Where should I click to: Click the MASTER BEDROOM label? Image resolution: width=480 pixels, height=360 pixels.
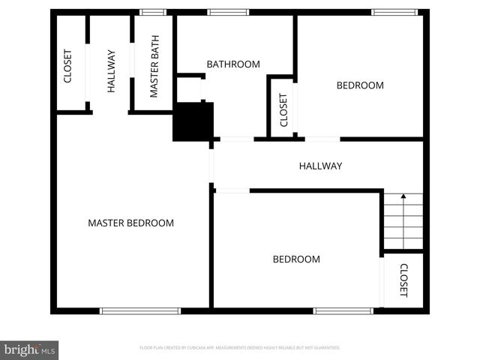(130, 223)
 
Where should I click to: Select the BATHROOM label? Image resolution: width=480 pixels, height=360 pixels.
(233, 64)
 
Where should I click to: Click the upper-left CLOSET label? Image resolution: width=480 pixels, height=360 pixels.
(67, 66)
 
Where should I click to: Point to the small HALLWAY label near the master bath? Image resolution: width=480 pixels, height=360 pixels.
(111, 70)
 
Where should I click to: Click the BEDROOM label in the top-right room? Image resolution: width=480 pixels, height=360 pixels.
(359, 85)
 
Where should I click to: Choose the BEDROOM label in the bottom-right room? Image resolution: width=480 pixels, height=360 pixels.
(295, 259)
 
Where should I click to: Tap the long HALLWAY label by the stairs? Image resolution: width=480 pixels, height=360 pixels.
(320, 166)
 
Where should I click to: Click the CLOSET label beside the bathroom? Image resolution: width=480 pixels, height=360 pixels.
(283, 109)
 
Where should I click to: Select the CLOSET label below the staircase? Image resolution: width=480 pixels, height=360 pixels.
(403, 280)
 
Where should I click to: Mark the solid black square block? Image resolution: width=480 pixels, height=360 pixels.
(193, 121)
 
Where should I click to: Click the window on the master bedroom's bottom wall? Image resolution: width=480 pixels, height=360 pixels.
(140, 310)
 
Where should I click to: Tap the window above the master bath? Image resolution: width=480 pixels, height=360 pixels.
(153, 12)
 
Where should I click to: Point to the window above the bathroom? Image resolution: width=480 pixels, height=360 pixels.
(228, 12)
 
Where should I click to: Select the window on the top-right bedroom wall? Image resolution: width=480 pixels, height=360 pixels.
(394, 12)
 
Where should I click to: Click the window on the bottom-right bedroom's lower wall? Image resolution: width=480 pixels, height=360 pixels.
(343, 310)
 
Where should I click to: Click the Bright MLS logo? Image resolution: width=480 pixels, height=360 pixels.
(29, 349)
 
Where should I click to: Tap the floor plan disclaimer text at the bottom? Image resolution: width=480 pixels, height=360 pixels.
(240, 348)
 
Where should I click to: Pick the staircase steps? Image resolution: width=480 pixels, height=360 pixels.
(403, 222)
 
